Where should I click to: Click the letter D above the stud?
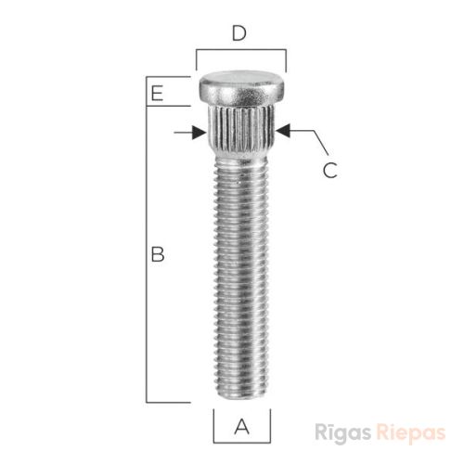click(x=239, y=33)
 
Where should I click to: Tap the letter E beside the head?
click(x=157, y=93)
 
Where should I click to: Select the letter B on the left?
click(x=158, y=254)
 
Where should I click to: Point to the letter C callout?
click(x=330, y=170)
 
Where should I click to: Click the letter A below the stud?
click(x=241, y=427)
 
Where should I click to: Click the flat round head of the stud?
click(x=241, y=87)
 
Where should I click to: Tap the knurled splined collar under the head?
click(x=241, y=129)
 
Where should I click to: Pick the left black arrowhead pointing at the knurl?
click(x=199, y=133)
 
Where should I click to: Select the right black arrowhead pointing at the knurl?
click(x=283, y=130)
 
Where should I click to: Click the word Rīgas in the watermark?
click(x=342, y=432)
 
